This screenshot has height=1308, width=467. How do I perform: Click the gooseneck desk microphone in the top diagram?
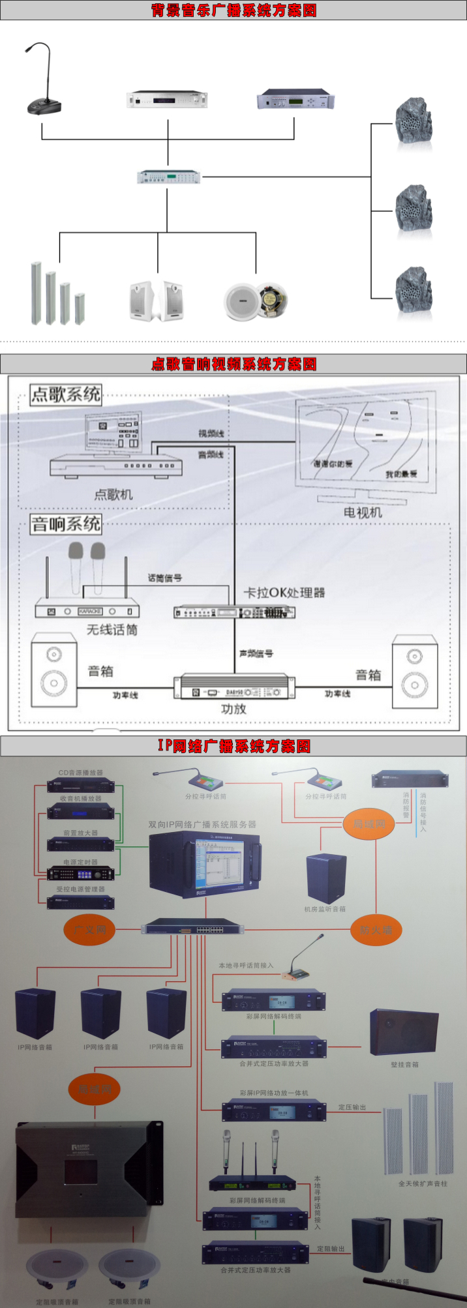point(43,98)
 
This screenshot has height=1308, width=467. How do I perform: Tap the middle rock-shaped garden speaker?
point(414,209)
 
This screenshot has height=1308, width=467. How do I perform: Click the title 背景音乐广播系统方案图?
point(233,10)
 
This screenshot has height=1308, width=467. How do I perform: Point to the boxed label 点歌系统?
point(66,394)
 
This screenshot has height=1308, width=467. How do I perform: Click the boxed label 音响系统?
point(66,524)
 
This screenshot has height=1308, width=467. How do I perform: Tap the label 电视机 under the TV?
point(363,513)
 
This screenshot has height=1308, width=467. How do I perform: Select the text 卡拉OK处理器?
point(284,593)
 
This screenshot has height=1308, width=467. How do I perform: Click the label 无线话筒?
point(112,629)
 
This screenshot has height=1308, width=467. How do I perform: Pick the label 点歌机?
point(113,494)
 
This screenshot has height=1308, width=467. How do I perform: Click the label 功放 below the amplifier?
point(233,709)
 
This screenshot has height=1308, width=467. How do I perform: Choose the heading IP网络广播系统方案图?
point(233,746)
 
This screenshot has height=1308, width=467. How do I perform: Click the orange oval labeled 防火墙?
point(376,930)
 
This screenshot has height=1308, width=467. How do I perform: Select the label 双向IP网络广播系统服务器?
point(202,824)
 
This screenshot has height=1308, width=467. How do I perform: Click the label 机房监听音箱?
point(325,909)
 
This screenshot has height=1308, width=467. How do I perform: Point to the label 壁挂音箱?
point(404,1065)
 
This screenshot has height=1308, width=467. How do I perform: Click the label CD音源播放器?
point(81,773)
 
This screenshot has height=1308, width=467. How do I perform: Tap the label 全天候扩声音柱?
point(423,1183)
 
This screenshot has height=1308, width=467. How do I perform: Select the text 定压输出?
point(352,1107)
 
